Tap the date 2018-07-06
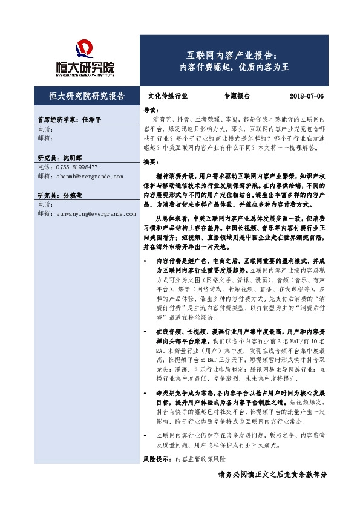pos(307,96)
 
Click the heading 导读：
pos(150,110)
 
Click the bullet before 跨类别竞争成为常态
pos(146,393)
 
